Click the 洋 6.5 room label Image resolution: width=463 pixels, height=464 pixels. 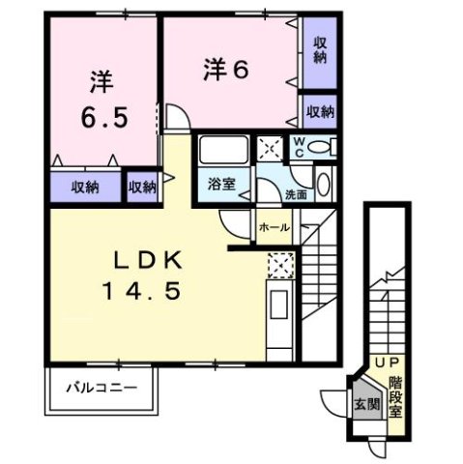[x=103, y=99]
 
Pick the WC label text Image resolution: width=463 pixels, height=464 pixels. [x=300, y=147]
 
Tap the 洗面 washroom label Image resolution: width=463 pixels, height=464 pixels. [x=296, y=194]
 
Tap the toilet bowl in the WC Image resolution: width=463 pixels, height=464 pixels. [x=326, y=148]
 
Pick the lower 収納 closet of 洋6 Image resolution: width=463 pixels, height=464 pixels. [x=320, y=111]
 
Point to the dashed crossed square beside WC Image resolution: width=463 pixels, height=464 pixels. [x=268, y=149]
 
